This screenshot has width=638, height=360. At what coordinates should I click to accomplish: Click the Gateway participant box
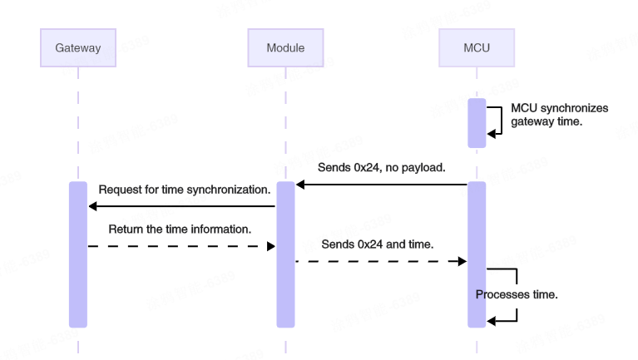click(78, 48)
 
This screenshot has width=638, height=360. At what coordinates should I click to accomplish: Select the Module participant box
click(285, 48)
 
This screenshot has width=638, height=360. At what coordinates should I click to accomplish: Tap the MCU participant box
click(477, 48)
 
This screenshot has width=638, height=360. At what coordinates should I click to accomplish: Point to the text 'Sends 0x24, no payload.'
click(382, 168)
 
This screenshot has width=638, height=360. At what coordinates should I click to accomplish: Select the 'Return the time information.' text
click(180, 227)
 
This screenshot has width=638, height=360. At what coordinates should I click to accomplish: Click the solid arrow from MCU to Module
click(382, 185)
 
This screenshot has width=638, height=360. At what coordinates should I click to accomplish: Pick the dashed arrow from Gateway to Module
click(181, 246)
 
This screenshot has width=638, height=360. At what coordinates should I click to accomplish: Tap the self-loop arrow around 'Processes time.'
click(517, 283)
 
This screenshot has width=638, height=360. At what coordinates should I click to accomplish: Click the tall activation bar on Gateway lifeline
click(77, 254)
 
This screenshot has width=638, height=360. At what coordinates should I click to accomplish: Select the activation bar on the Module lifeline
click(285, 254)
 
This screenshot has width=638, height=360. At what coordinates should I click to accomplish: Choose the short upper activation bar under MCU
click(476, 123)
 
